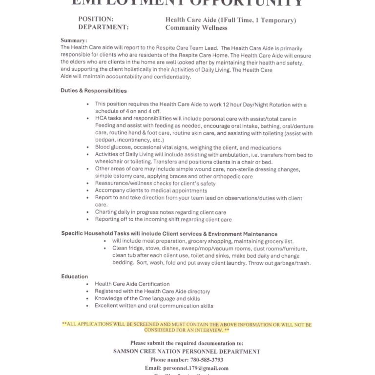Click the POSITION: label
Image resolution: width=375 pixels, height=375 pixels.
[x=96, y=20]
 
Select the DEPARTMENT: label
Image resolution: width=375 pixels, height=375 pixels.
[x=104, y=27]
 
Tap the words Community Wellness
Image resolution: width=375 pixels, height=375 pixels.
[x=196, y=28]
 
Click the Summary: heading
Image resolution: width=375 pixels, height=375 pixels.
[x=74, y=40]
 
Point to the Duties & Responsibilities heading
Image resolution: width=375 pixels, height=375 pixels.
[x=94, y=91]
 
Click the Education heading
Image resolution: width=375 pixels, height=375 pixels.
[x=75, y=276]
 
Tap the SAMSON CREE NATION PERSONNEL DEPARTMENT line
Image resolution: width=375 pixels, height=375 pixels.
[x=187, y=352]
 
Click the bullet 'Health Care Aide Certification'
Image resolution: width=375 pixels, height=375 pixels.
[x=132, y=284]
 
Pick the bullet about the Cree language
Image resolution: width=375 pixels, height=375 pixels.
[x=147, y=298]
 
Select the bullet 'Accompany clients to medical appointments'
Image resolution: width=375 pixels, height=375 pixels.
[x=151, y=190]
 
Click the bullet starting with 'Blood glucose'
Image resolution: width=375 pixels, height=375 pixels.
[x=188, y=147]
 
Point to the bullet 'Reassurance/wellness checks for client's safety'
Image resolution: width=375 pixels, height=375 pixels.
[x=155, y=183]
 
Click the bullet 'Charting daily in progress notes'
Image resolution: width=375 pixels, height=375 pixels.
[x=160, y=212]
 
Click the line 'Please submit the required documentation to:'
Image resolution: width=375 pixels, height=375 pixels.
[x=187, y=343]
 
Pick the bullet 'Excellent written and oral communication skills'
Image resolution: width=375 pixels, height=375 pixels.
[x=154, y=306]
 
